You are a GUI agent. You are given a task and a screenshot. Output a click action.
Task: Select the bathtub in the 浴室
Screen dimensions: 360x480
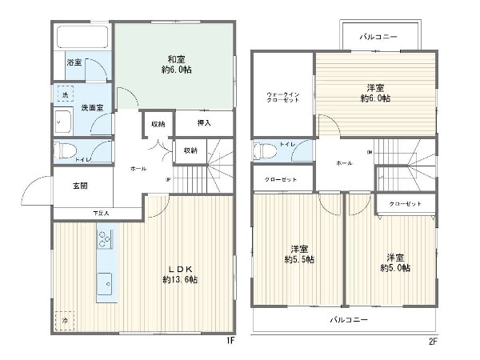[82, 38]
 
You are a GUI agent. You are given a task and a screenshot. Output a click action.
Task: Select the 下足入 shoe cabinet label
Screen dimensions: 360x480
[100, 213]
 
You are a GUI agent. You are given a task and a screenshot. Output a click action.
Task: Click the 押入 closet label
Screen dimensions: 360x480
[204, 122]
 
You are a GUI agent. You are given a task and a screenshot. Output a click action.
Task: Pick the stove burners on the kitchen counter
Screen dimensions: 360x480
[105, 238]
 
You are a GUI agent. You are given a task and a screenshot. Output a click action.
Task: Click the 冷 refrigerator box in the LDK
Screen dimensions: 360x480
[65, 319]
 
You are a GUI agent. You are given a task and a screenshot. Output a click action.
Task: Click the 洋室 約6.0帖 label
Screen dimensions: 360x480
[375, 92]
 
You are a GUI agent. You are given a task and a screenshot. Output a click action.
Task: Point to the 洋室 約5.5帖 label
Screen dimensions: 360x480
[299, 254]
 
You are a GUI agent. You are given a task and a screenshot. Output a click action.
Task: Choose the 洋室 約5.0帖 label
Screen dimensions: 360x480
[395, 262]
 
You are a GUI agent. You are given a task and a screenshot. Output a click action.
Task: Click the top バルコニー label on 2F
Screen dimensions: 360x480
[379, 37]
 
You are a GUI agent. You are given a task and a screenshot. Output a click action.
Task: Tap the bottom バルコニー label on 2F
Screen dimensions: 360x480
[349, 319]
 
